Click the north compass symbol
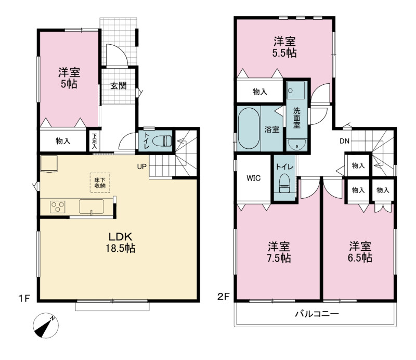(46, 326)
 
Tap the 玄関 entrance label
(119, 86)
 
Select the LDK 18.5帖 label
(121, 242)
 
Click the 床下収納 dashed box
(100, 183)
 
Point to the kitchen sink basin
(92, 207)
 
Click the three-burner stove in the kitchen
(58, 207)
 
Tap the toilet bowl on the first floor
(164, 140)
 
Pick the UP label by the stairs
(141, 166)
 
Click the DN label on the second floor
(344, 141)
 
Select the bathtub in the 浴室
(249, 128)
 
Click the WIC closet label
(254, 178)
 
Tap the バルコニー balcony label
(317, 314)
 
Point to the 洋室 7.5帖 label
(279, 252)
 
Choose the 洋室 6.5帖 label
(360, 252)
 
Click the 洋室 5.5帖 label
(284, 47)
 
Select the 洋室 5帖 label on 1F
(69, 78)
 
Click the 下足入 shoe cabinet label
(95, 141)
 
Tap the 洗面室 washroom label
(296, 118)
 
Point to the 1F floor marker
(24, 299)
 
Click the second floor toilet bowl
(284, 183)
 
